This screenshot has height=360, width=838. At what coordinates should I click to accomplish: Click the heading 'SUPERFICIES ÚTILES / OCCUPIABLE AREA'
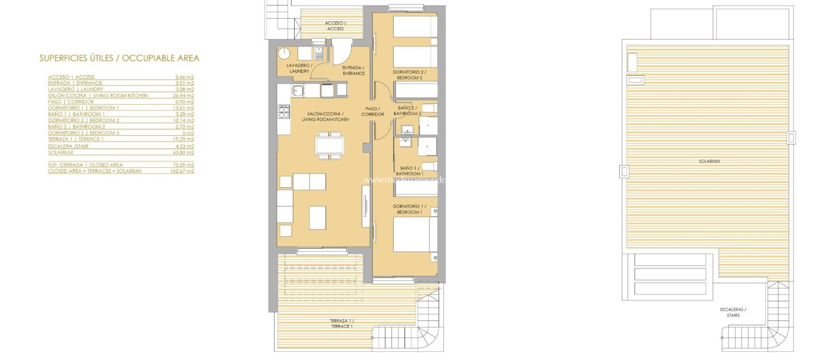(119, 59)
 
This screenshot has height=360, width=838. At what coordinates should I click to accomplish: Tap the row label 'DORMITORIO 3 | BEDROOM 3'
(83, 133)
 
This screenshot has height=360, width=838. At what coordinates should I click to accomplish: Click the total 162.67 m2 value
(182, 171)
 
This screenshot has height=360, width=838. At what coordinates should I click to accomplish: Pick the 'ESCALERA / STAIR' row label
(68, 146)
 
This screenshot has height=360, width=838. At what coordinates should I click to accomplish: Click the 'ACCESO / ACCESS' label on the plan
(335, 26)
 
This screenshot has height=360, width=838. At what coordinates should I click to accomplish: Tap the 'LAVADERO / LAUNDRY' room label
(299, 68)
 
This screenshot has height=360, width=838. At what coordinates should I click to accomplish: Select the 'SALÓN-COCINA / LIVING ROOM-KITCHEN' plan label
(325, 117)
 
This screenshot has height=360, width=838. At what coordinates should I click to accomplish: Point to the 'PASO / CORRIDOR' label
(372, 112)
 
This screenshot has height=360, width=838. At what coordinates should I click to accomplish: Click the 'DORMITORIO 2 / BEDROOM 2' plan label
(409, 75)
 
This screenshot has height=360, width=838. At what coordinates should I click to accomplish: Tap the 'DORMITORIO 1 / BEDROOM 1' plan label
(409, 209)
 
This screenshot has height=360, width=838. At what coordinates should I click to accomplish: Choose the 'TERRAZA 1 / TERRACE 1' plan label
(342, 324)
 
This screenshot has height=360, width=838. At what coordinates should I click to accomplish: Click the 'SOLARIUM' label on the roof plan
(709, 162)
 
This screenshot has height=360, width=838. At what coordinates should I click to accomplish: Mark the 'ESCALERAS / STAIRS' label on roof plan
(733, 312)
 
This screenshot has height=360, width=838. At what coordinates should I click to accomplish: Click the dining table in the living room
(329, 145)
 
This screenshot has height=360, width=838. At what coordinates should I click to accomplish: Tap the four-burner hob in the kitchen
(284, 112)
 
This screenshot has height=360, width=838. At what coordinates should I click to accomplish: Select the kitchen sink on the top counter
(297, 90)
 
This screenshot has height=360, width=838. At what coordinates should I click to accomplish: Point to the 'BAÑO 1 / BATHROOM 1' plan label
(409, 171)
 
